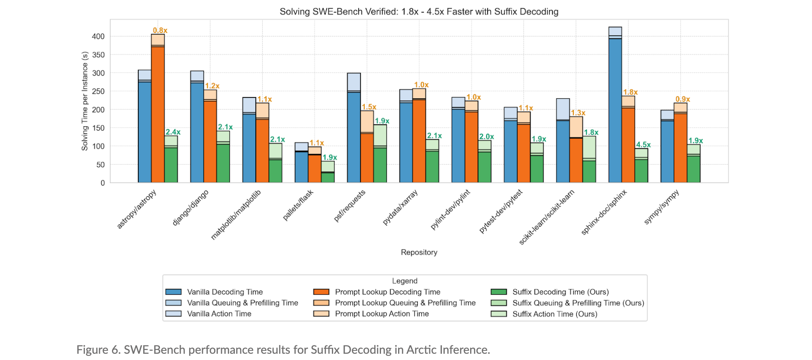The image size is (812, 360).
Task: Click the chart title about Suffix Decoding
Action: point(419,12)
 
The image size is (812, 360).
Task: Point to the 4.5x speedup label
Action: point(643,145)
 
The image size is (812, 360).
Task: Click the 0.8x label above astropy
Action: point(160,30)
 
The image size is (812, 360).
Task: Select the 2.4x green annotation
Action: point(173,132)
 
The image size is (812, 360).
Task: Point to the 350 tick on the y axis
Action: point(98,55)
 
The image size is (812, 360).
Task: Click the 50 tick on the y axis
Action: point(100,165)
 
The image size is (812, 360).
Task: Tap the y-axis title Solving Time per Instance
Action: point(85,101)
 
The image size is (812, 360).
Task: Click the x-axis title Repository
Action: point(419,252)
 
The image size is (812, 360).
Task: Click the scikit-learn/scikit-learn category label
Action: point(546,217)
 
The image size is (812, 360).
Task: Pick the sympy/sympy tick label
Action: point(661,207)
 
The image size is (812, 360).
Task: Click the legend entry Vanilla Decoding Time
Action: point(225,292)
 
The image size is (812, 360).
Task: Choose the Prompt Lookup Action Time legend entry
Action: point(382,314)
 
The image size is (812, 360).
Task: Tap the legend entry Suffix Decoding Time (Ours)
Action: point(560,292)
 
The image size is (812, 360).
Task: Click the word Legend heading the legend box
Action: point(404,281)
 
